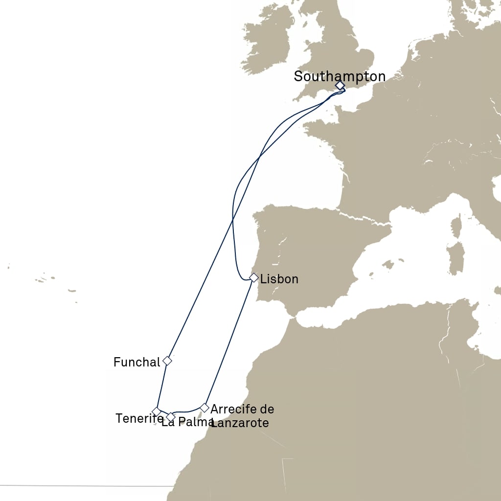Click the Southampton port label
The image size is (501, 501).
(x=340, y=76)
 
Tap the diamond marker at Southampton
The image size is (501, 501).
(x=340, y=86)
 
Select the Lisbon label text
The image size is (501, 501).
(x=279, y=279)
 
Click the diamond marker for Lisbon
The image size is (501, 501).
(x=253, y=277)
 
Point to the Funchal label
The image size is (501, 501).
(x=137, y=362)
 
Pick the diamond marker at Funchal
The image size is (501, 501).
(x=167, y=361)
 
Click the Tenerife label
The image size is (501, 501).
(x=139, y=418)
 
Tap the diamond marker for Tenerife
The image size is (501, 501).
(x=156, y=411)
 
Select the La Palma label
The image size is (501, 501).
(x=187, y=422)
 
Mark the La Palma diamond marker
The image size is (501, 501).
(x=170, y=417)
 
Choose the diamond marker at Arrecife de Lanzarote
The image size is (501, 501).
(x=205, y=407)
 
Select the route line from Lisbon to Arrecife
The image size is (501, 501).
(x=228, y=342)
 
